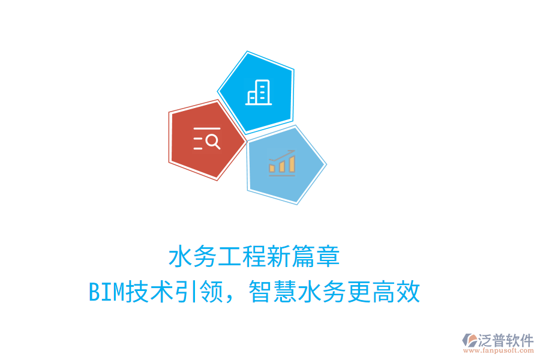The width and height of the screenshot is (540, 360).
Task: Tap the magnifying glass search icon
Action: pyautogui.click(x=207, y=139)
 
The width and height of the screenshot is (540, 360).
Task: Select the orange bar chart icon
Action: pyautogui.click(x=282, y=163)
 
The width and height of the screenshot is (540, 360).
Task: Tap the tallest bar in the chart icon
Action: pyautogui.click(x=292, y=163)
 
